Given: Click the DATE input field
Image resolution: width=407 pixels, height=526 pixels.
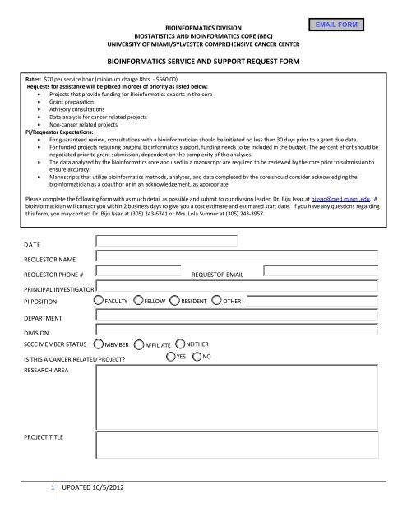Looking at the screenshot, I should pyautogui.click(x=168, y=241).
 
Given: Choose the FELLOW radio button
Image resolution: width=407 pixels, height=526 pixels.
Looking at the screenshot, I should pyautogui.click(x=137, y=302).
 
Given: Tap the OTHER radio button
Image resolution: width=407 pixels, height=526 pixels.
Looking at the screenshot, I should pyautogui.click(x=216, y=302).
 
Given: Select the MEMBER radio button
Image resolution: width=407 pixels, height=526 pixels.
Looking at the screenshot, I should pyautogui.click(x=99, y=346).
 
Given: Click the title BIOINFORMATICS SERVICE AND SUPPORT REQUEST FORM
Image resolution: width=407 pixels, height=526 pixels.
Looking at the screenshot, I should pyautogui.click(x=203, y=61).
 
